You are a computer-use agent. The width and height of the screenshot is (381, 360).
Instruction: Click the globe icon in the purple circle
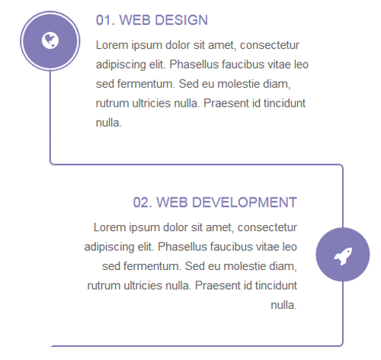coord(50,40)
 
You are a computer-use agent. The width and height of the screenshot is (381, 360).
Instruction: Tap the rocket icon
coord(343,256)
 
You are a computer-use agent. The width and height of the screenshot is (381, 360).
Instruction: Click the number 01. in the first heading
coord(105,20)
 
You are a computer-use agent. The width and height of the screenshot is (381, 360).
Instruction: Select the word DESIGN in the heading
coord(180,20)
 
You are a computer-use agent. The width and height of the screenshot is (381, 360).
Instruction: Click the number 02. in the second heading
coord(143,202)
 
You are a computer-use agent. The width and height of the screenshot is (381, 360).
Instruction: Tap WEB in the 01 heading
coord(136,20)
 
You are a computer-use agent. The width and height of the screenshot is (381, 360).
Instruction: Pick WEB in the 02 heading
coord(173,202)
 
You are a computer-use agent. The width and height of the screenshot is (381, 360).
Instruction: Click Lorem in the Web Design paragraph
coord(111,44)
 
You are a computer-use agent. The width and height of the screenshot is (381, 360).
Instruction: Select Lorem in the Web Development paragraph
coord(109,227)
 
